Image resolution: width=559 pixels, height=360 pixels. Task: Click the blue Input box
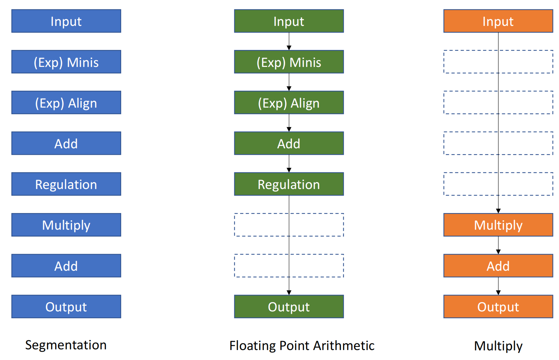click(x=66, y=21)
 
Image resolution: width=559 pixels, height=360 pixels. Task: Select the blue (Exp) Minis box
click(x=66, y=62)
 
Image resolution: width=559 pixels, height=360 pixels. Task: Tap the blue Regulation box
click(x=66, y=184)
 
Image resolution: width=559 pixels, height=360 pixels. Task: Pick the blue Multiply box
click(x=66, y=225)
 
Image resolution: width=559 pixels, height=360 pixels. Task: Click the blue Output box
click(x=66, y=307)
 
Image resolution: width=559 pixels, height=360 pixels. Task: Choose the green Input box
click(x=289, y=21)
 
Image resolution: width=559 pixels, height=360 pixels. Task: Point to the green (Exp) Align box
click(x=289, y=102)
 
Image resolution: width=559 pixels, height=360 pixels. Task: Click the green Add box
click(x=289, y=143)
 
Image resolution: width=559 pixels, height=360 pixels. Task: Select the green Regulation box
click(x=289, y=184)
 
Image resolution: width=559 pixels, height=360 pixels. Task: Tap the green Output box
click(x=289, y=307)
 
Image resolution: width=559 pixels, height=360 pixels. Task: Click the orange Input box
click(x=498, y=21)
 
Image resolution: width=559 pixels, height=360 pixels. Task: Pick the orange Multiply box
click(x=498, y=225)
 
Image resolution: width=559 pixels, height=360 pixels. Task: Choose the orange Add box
click(x=498, y=266)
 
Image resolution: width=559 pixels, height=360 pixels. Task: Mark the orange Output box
click(x=498, y=307)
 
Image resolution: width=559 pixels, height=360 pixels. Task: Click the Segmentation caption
click(x=66, y=346)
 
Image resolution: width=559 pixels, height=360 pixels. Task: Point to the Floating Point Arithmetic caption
click(x=302, y=346)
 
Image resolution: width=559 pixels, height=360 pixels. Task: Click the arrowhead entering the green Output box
click(x=289, y=293)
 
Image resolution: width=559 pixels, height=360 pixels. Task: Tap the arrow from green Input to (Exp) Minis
click(x=289, y=41)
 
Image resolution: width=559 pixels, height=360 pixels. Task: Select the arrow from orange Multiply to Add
click(x=498, y=245)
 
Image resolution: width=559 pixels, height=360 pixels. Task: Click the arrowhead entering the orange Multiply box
click(x=498, y=211)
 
